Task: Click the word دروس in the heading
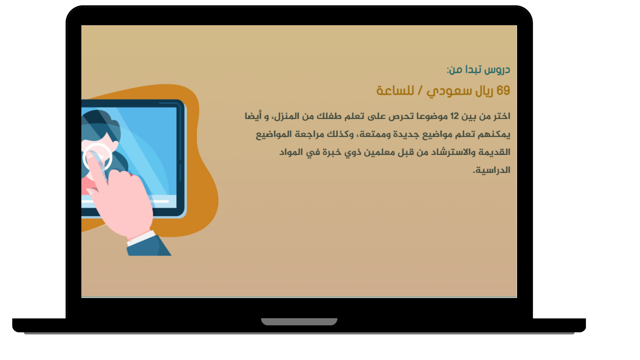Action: [497, 70]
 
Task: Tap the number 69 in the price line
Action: [503, 91]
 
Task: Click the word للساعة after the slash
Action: [395, 91]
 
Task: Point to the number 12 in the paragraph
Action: [454, 116]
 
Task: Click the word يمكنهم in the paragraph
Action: [494, 134]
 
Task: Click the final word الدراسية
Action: [493, 170]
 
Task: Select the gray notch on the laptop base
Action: [299, 322]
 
